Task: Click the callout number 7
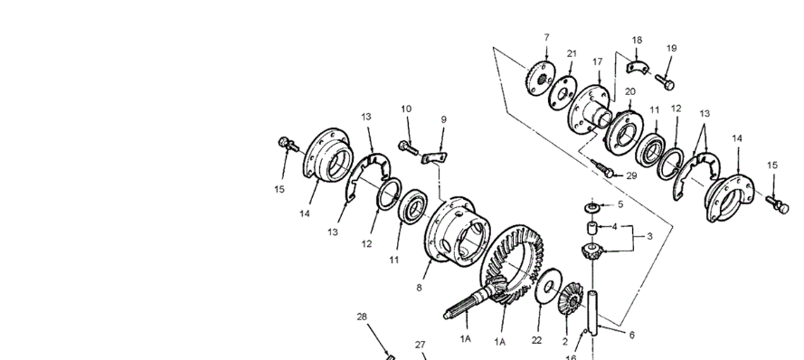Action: point(546,37)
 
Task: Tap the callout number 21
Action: point(572,53)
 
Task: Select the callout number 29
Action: point(631,175)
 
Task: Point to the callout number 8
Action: point(419,288)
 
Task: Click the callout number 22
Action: point(537,340)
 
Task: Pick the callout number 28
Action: point(362,317)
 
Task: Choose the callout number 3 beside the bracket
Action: point(649,236)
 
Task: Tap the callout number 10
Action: point(406,109)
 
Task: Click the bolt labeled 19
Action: point(665,82)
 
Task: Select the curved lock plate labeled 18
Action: point(638,67)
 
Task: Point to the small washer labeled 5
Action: point(592,207)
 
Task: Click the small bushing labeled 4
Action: point(592,228)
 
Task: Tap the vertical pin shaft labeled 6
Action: point(592,313)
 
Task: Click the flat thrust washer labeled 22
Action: point(548,286)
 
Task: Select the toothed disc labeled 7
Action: point(541,78)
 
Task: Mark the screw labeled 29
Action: point(601,168)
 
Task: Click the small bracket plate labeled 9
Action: point(434,158)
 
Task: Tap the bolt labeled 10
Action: point(409,148)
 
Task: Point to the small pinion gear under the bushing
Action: point(592,251)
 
